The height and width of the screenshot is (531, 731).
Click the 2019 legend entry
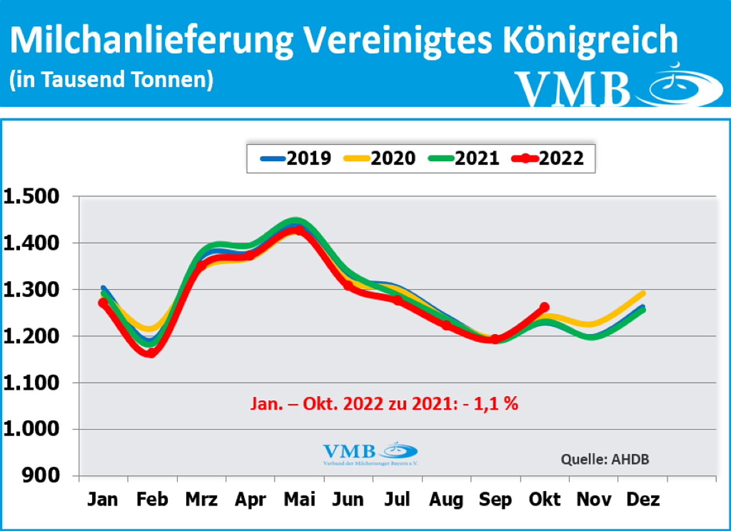[x=296, y=158]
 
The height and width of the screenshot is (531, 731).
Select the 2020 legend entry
[x=380, y=158]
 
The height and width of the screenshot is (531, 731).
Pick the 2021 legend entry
[x=464, y=158]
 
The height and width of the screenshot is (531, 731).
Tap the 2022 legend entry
[x=548, y=158]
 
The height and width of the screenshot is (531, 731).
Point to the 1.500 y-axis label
[x=31, y=196]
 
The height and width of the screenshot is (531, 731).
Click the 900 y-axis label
[x=41, y=475]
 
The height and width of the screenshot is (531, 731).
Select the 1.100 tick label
[x=31, y=383]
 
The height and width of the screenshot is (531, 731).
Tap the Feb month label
[x=152, y=499]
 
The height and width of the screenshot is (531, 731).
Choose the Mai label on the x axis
[x=299, y=499]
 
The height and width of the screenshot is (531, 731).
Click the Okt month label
[x=544, y=499]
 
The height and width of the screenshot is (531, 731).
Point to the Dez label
[x=643, y=499]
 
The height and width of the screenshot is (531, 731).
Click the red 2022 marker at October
[x=544, y=307]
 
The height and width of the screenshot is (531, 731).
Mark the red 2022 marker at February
[x=152, y=352]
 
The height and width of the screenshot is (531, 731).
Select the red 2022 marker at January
[x=103, y=303]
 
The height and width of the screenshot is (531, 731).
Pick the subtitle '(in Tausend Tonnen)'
[x=111, y=79]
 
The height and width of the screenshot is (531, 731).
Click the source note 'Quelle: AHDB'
[x=605, y=459]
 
